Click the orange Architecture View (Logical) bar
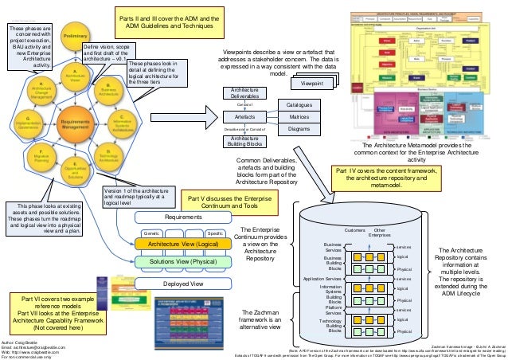point(184,244)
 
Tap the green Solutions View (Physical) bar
point(184,260)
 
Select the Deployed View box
point(184,283)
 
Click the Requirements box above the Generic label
point(184,216)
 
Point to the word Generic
point(152,233)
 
